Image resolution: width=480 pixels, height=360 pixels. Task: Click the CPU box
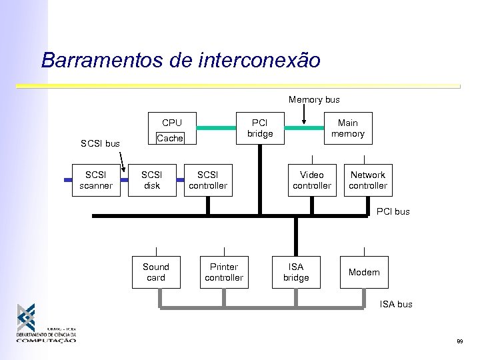[172, 123]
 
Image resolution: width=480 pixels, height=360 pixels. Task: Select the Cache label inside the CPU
[169, 138]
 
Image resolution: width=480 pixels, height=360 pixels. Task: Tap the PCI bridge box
[260, 129]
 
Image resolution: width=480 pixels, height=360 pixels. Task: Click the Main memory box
[347, 128]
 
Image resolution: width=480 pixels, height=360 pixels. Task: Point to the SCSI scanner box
[95, 181]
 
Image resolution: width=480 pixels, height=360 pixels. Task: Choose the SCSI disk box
[152, 181]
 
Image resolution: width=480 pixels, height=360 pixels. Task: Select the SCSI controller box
[208, 181]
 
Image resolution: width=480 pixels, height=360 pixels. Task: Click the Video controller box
[311, 181]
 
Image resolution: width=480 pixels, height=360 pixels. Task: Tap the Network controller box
[367, 181]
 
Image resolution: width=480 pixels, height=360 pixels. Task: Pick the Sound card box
[156, 272]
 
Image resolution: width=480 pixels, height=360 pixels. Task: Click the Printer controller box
[224, 272]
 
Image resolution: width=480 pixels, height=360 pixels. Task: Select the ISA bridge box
[296, 272]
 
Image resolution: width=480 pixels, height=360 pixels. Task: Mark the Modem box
[364, 272]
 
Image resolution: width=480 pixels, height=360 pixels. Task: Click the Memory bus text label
[314, 100]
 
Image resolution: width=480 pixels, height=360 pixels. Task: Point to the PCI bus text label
[393, 212]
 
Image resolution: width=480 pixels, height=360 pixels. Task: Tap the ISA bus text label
[396, 305]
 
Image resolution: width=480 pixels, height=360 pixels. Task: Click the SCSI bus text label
[100, 144]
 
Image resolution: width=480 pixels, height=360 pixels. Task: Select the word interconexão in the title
[259, 61]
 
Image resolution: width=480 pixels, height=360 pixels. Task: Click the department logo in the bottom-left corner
[45, 323]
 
